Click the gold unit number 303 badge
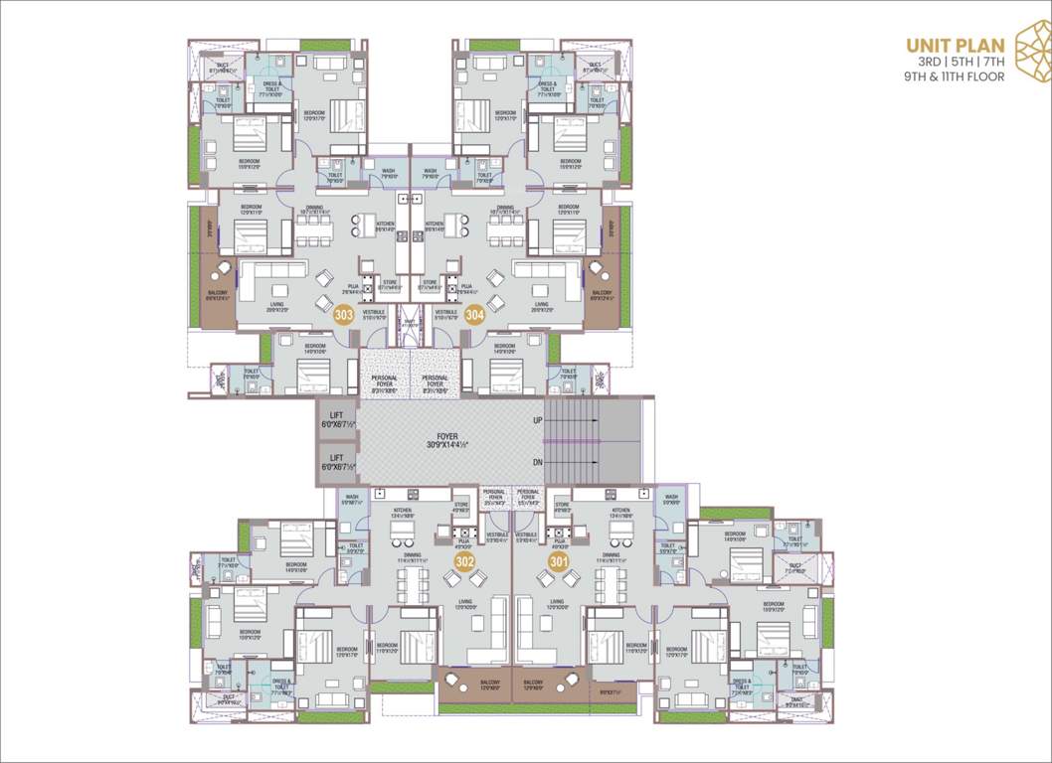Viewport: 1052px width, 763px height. pos(344,316)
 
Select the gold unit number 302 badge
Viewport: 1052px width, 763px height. pos(464,562)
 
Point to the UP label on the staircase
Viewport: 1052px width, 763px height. pos(538,421)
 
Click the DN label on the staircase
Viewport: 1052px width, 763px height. pos(538,461)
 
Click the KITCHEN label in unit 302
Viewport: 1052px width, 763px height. pos(403,512)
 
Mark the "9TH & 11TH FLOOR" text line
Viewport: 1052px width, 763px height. pos(955,76)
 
